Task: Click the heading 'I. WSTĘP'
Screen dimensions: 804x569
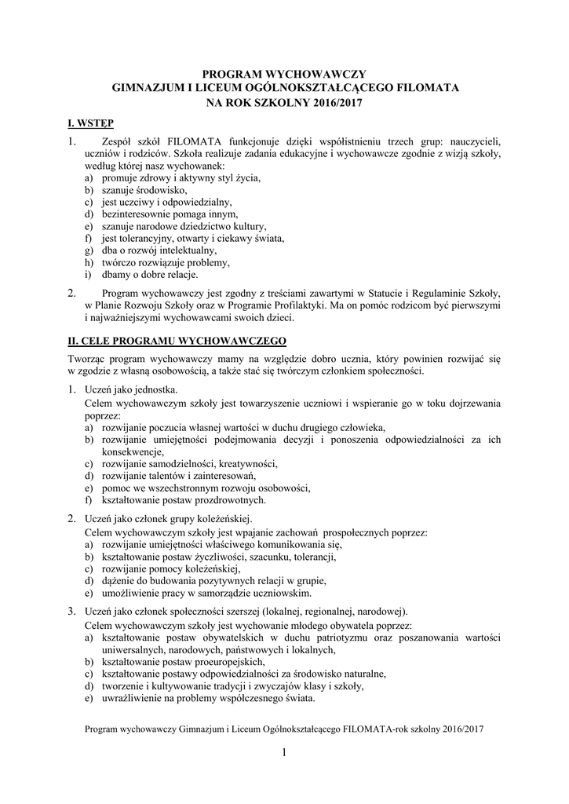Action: (90, 123)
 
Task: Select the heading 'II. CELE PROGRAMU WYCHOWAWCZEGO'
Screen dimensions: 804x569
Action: (177, 342)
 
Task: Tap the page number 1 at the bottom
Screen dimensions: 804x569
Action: (285, 754)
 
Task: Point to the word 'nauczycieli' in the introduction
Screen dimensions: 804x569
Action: (472, 141)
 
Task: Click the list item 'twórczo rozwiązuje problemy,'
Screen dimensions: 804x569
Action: (165, 262)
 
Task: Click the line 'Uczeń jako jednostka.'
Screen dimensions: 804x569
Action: (131, 389)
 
